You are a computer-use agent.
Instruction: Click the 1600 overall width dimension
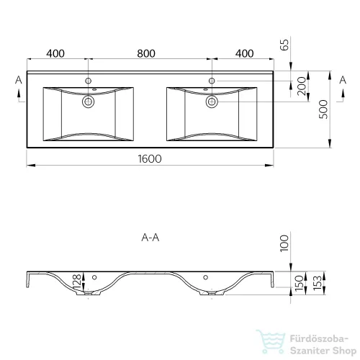[150, 158]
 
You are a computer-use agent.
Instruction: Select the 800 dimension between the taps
[146, 53]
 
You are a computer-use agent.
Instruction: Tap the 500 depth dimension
[323, 109]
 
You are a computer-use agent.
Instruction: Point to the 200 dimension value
[302, 86]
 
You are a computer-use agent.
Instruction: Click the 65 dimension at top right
[284, 45]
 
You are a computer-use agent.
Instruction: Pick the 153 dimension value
[318, 283]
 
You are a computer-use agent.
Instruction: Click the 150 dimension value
[299, 283]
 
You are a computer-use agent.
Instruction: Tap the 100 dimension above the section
[284, 243]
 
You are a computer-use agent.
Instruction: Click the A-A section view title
[150, 238]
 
